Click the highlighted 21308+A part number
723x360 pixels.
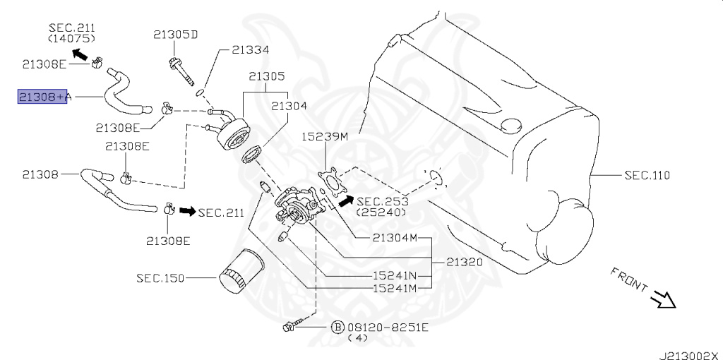pyautogui.click(x=44, y=96)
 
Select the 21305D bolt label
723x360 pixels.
pyautogui.click(x=176, y=35)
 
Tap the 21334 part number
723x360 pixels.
pyautogui.click(x=251, y=50)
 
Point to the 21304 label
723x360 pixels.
pyautogui.click(x=289, y=106)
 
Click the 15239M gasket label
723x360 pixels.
pyautogui.click(x=325, y=136)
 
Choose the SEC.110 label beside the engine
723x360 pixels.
pyautogui.click(x=647, y=175)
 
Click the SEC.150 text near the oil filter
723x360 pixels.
pyautogui.click(x=160, y=278)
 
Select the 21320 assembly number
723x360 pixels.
pyautogui.click(x=465, y=263)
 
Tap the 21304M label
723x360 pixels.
pyautogui.click(x=395, y=238)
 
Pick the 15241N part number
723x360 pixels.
pyautogui.click(x=395, y=275)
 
